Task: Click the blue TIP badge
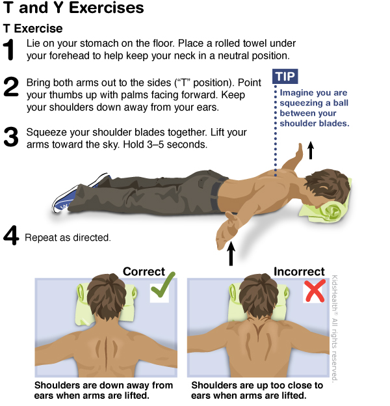(285, 76)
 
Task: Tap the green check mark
(162, 286)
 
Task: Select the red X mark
(315, 291)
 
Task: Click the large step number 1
(10, 49)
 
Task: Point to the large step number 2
(11, 87)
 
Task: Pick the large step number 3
(11, 137)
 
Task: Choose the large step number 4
(11, 235)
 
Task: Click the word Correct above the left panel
(144, 271)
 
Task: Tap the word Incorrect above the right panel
(299, 271)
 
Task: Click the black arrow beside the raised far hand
(311, 150)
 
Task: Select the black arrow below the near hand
(231, 254)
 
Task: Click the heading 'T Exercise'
(33, 29)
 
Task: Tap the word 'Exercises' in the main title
(107, 7)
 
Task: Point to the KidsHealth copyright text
(335, 328)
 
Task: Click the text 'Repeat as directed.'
(68, 237)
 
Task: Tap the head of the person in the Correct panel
(107, 295)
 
